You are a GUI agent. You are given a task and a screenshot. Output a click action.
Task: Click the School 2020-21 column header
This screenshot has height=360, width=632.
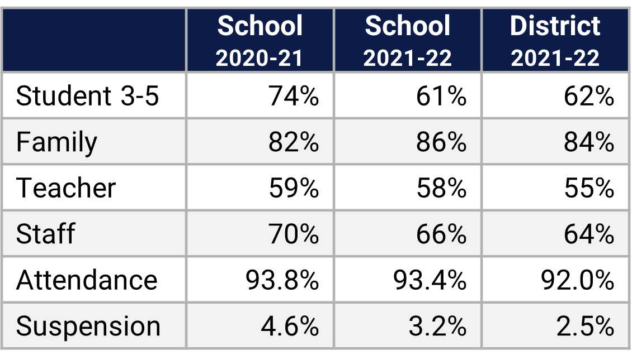260,41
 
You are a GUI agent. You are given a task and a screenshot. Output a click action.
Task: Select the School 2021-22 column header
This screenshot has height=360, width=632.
407,41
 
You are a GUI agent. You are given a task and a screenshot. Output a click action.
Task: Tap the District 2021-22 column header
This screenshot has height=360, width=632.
555,41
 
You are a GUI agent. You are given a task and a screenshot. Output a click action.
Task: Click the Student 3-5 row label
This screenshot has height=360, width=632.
88,96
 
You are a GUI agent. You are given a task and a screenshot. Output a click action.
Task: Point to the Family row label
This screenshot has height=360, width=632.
56,142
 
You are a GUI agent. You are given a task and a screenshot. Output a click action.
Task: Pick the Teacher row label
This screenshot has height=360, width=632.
66,188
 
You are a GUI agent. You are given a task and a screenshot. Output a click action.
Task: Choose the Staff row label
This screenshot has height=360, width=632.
45,233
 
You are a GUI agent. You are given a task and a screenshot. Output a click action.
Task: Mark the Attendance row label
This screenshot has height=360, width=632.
87,280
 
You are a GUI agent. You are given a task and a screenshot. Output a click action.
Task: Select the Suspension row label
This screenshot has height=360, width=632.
88,326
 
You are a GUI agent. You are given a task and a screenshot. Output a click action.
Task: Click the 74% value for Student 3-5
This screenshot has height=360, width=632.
294,96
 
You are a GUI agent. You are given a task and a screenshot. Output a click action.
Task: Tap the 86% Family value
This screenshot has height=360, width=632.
441,142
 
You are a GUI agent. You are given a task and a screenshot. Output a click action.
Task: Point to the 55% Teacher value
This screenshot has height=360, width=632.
589,188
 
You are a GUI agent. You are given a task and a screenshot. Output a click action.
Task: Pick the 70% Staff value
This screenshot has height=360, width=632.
294,233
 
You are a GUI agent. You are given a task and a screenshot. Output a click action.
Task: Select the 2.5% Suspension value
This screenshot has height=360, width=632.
585,326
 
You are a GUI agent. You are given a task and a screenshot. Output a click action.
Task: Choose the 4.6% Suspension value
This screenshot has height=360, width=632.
290,326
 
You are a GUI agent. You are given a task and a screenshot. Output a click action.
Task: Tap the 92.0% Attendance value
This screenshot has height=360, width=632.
577,280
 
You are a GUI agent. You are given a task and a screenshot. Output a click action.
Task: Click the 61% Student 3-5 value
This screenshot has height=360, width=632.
441,96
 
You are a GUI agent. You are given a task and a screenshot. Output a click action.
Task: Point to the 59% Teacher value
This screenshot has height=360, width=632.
294,188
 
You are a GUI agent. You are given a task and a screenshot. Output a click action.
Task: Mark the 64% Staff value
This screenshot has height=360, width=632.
589,233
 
